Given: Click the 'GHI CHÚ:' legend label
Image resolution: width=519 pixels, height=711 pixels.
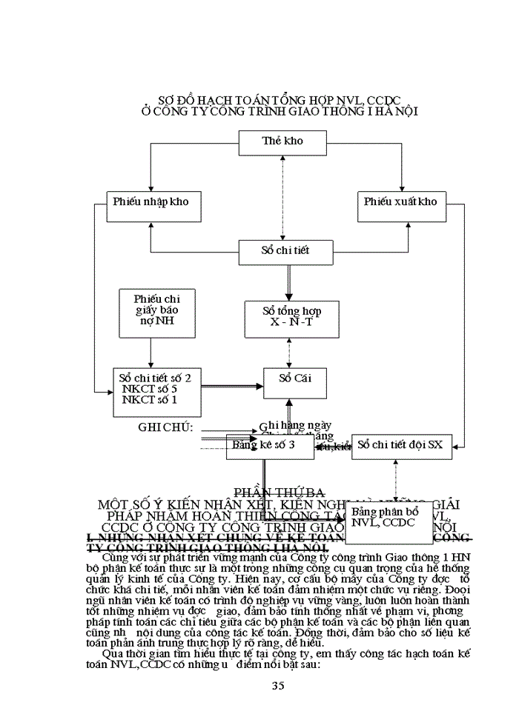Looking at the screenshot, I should click(166, 428).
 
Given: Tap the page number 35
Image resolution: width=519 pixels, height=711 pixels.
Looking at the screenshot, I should click(278, 686).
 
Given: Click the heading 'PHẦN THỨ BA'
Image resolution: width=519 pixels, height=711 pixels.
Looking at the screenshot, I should click(280, 493).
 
